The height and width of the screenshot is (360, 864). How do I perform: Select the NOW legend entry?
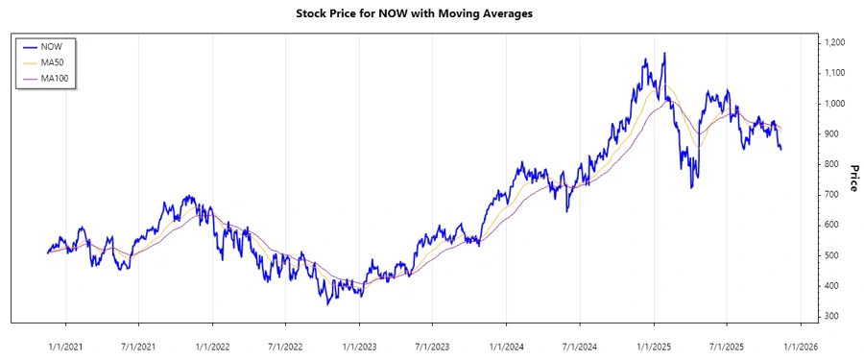[65, 46]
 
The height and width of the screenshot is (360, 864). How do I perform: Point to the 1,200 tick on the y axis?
[836, 42]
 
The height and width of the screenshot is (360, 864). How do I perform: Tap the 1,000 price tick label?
[836, 104]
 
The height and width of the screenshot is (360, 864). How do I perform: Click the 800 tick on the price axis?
[832, 164]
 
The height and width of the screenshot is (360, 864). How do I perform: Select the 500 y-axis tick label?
[832, 255]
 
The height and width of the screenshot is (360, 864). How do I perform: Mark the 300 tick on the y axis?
[832, 316]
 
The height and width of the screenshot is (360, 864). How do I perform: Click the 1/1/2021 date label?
[65, 346]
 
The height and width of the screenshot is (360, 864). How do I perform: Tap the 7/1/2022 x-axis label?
[285, 346]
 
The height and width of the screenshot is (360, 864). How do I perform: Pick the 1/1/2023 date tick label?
[359, 346]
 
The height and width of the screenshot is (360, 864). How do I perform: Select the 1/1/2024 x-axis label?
[506, 346]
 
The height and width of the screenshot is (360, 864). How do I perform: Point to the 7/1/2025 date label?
[727, 346]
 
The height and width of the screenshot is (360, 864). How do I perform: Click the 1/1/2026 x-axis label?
[800, 346]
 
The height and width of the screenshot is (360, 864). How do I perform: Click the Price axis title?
[853, 179]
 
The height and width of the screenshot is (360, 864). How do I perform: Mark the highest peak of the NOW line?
[664, 54]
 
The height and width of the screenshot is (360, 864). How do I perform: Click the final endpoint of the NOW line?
[780, 149]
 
